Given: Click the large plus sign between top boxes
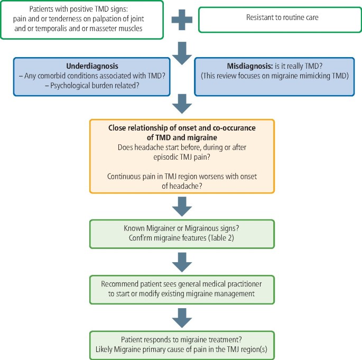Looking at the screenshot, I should pos(182,20).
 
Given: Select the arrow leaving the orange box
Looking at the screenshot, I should pos(182,206).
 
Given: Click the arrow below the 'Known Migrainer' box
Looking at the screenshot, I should pos(182,260).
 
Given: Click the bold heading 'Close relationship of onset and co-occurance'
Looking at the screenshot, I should pos(182,128).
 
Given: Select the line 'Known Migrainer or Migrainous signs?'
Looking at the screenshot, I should pos(182,228).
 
